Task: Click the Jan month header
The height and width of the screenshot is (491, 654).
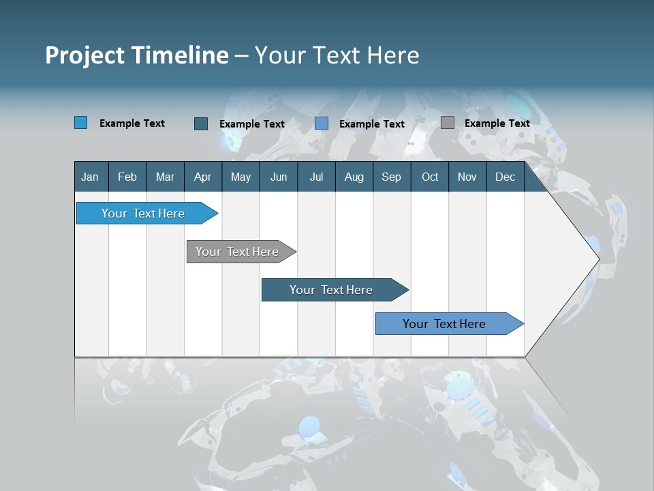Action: pos(90,177)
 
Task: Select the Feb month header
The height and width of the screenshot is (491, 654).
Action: pos(127,177)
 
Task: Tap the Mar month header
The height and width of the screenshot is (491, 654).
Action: pos(165,177)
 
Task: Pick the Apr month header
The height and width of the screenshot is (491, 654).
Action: pos(203,177)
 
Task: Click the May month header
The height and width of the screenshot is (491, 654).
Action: pos(240,177)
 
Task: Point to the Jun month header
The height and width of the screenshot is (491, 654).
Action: pos(279,177)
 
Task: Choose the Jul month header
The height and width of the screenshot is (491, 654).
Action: pos(316,177)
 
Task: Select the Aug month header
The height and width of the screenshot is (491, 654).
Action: pos(354,177)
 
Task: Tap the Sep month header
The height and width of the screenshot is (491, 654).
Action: pos(392,177)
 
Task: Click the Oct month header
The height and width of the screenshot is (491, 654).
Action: pos(430,177)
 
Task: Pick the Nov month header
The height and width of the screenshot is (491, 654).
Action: pos(467,177)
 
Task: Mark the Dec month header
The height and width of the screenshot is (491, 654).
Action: pos(505,177)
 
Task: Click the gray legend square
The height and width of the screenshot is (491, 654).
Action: pos(447,123)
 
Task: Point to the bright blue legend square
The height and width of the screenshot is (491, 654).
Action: pos(81,123)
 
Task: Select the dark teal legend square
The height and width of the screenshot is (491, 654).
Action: pos(201,123)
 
